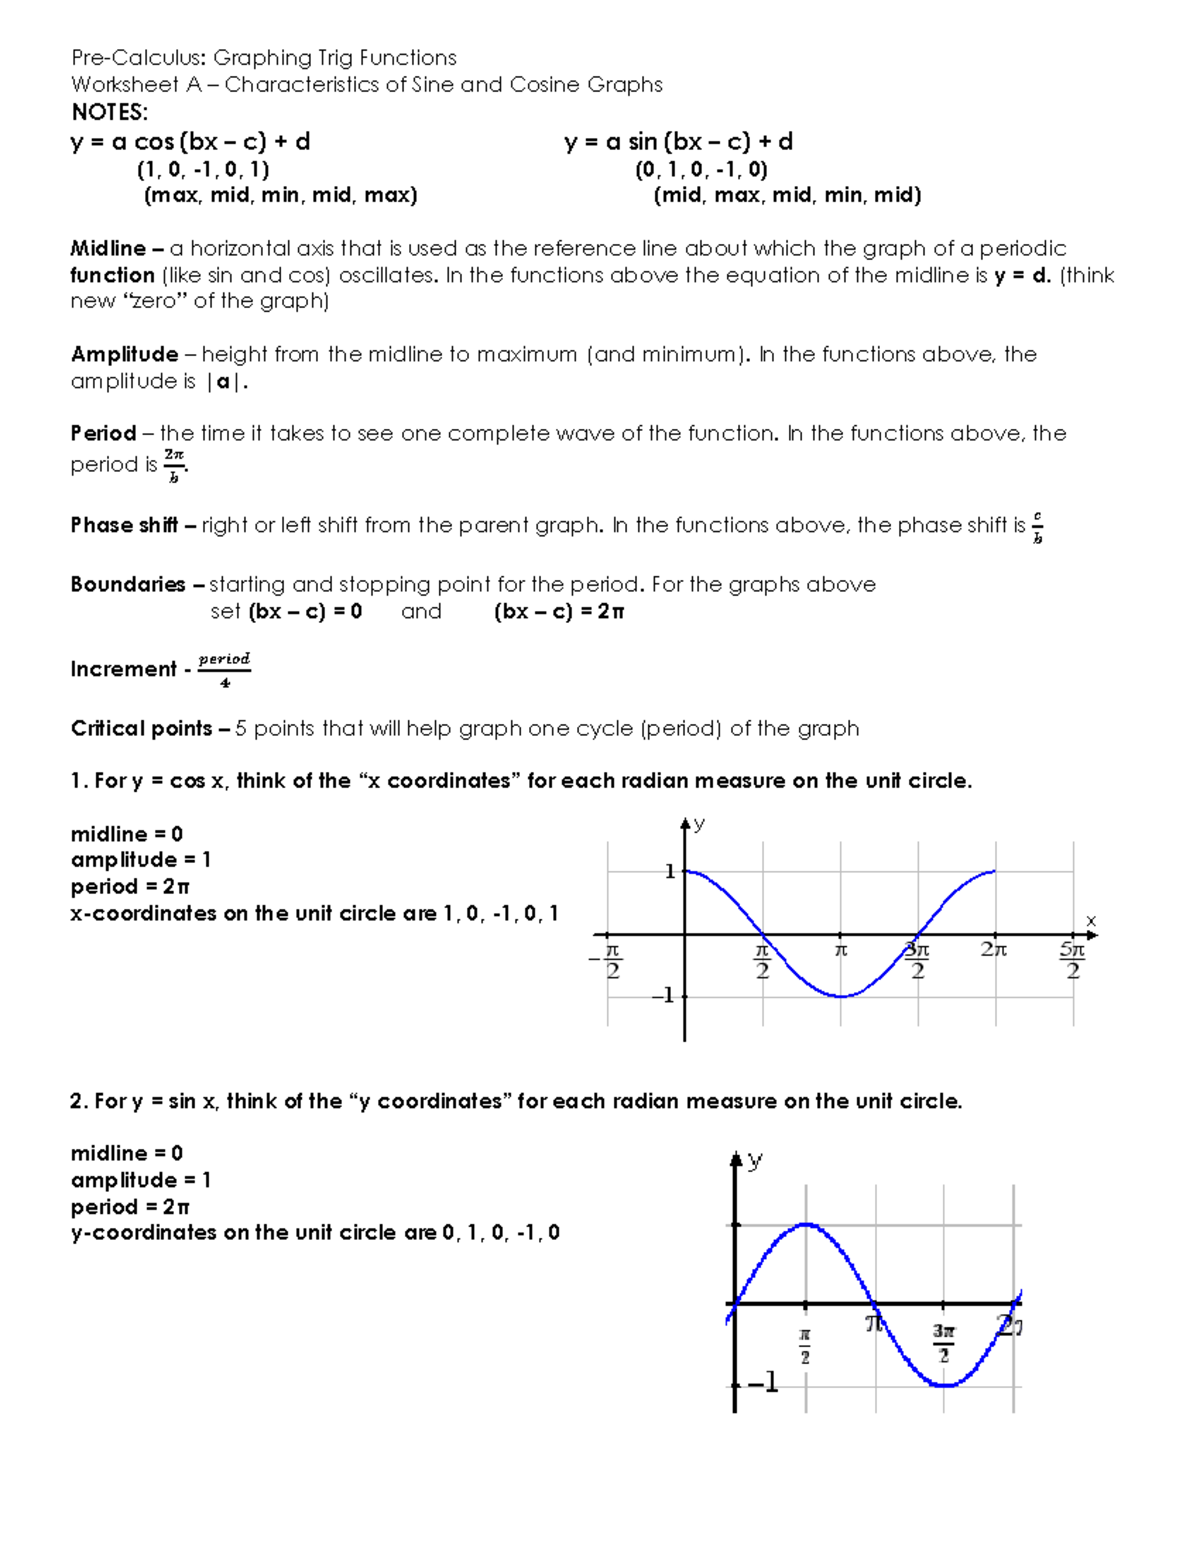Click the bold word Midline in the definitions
click(107, 248)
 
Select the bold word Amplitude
click(124, 354)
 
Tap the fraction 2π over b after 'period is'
click(174, 465)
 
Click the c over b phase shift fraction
click(1037, 527)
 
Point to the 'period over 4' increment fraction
click(224, 670)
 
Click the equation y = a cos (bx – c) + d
click(190, 142)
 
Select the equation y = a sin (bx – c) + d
click(678, 142)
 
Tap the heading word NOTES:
click(109, 112)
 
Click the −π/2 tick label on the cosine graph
click(609, 960)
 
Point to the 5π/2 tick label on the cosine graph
click(1072, 960)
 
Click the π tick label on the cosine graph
click(841, 950)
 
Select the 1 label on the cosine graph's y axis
click(670, 872)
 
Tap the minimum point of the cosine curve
click(841, 996)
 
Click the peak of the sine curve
click(806, 1224)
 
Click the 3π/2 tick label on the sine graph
click(944, 1344)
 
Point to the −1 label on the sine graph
click(762, 1383)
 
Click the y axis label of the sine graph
click(755, 1160)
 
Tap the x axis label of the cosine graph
click(1091, 920)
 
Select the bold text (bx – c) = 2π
click(558, 612)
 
